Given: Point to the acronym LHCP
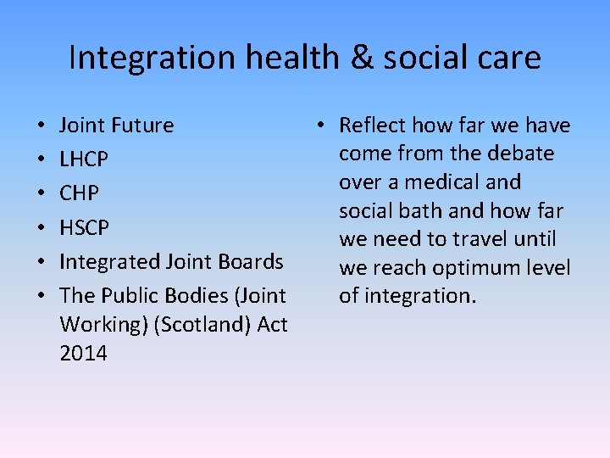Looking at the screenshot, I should click(84, 159).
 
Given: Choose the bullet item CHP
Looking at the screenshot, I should click(79, 193).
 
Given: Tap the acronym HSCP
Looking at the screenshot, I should click(85, 227).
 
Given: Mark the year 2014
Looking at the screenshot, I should click(83, 353).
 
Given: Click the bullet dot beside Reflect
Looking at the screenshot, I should click(324, 126).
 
